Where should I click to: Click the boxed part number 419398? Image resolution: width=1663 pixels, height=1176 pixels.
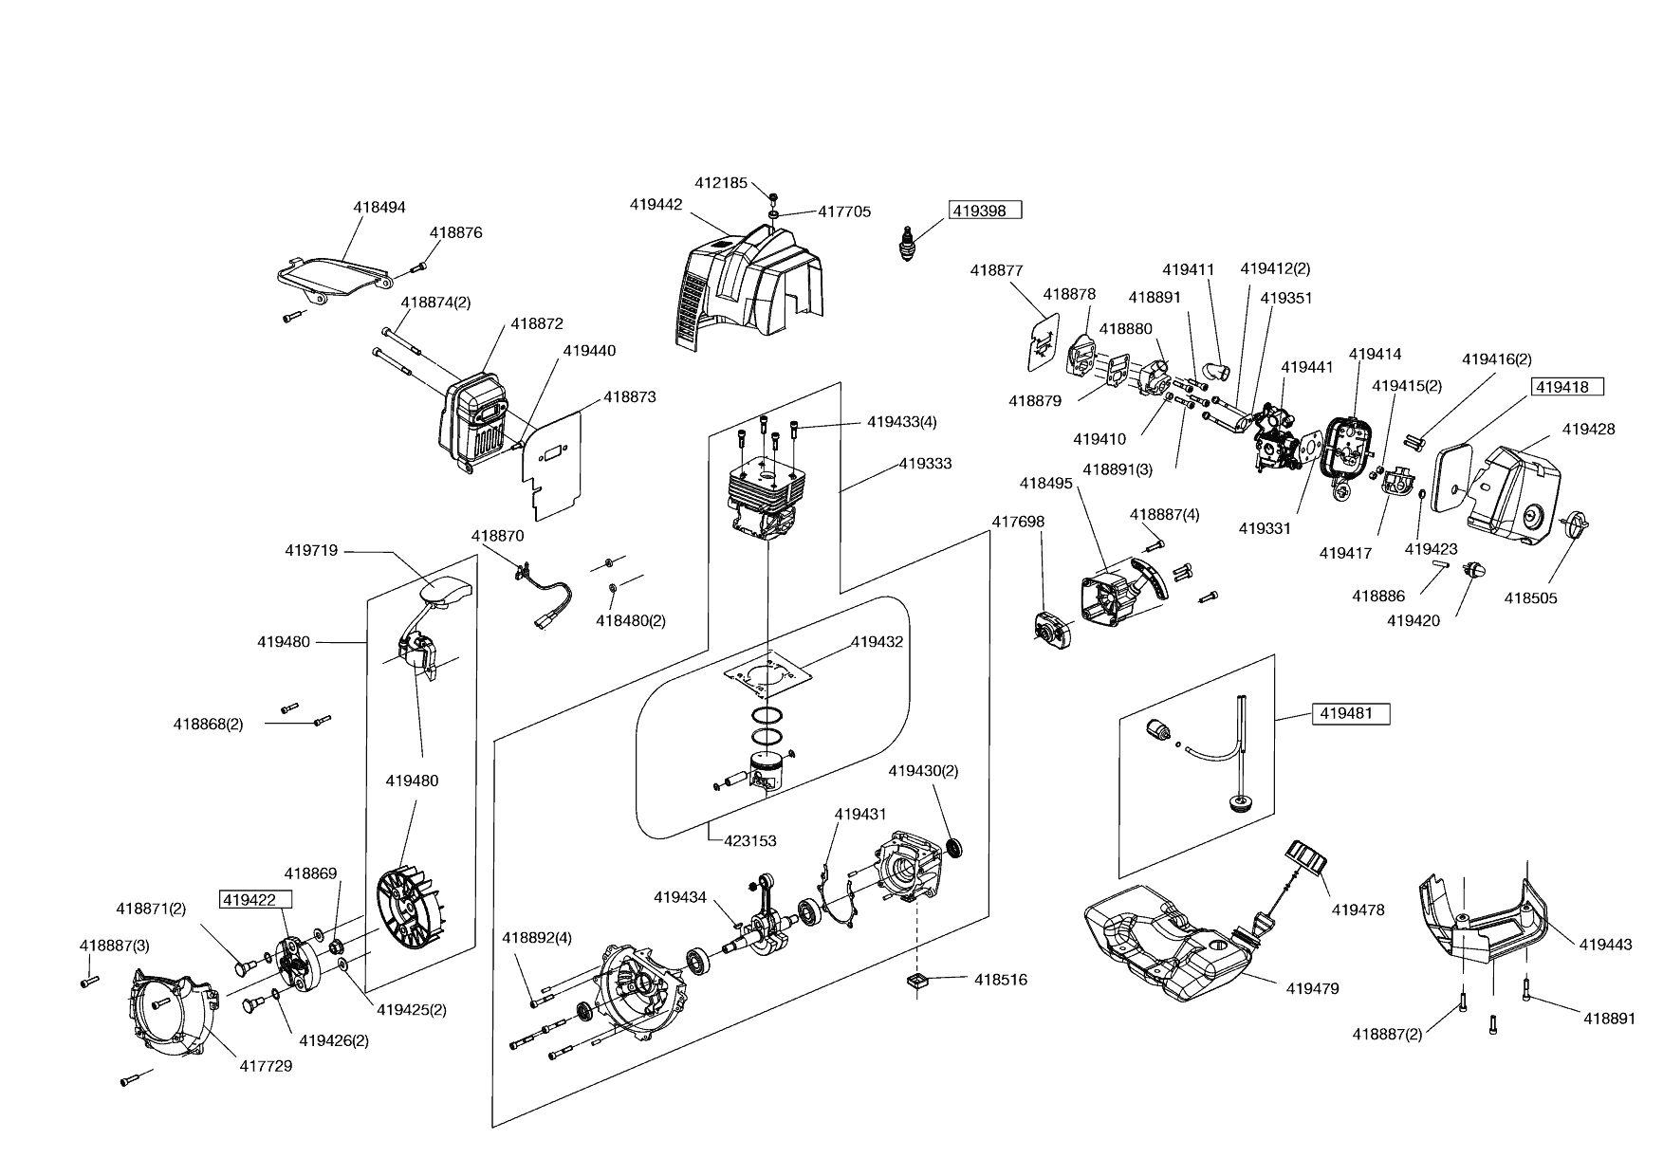(986, 211)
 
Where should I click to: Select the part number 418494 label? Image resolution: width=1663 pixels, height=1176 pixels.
(379, 207)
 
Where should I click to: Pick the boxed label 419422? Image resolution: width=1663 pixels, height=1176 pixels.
(254, 900)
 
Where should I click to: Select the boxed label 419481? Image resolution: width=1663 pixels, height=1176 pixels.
(1350, 713)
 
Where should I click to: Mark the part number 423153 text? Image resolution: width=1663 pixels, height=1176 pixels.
(750, 840)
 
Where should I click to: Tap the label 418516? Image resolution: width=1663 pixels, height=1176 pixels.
(1000, 980)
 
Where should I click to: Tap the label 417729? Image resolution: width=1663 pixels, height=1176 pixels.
(266, 1066)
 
